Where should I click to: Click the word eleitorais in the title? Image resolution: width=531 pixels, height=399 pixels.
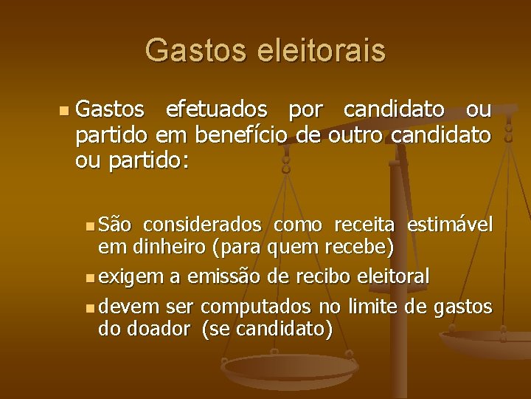pyautogui.click(x=322, y=50)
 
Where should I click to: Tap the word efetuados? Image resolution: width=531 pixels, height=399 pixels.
pyautogui.click(x=216, y=110)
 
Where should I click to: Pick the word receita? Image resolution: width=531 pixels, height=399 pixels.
pyautogui.click(x=365, y=225)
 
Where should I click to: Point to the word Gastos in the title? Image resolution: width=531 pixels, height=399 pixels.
pyautogui.click(x=197, y=50)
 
